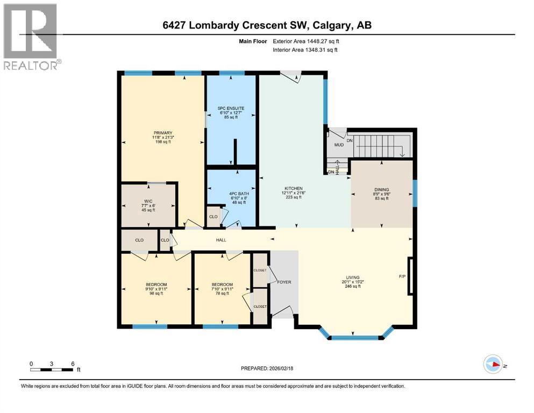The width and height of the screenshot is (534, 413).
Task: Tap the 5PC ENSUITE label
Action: coord(231,108)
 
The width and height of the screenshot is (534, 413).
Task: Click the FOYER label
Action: coord(284,282)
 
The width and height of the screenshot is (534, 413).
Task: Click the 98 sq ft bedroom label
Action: coord(156,284)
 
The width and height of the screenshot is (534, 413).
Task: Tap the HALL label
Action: coord(221,240)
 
